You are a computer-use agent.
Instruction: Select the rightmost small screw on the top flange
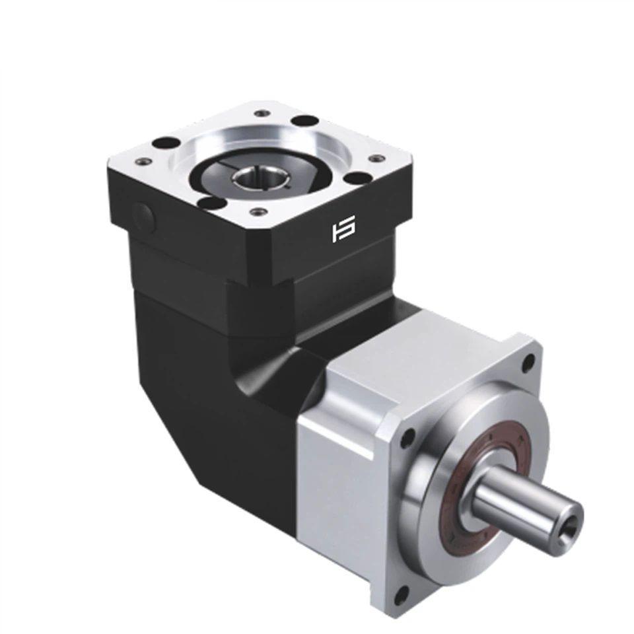(377, 158)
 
